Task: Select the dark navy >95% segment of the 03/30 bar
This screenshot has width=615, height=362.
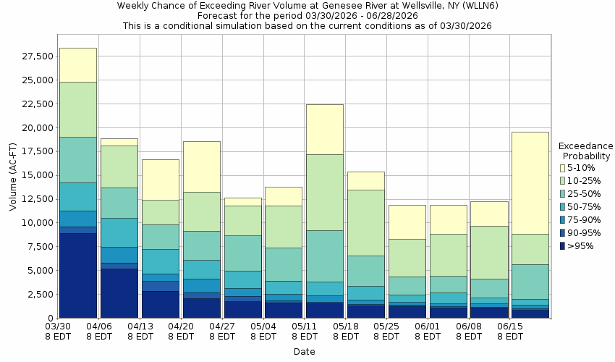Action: click(x=78, y=275)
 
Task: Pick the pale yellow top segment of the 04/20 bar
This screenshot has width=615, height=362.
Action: click(x=201, y=167)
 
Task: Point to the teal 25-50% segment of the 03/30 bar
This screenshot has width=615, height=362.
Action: click(x=78, y=159)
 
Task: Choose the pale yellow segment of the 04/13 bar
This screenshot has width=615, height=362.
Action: click(x=160, y=180)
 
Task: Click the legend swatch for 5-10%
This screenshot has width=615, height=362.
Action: click(x=563, y=168)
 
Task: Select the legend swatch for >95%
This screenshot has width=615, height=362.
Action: click(x=563, y=246)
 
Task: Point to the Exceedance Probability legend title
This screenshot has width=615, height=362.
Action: click(x=587, y=150)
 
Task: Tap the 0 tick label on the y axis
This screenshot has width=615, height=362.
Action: click(x=49, y=319)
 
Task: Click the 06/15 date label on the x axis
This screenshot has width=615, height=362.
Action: click(x=511, y=331)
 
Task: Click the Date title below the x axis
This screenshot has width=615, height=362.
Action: click(x=304, y=352)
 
